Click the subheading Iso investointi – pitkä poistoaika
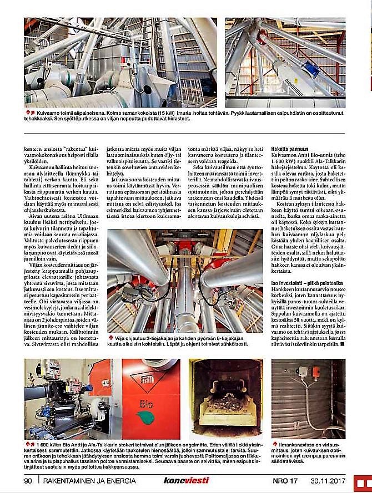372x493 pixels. tap(306, 282)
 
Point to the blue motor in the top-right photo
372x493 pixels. tap(311, 70)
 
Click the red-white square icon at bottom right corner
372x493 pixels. tap(361, 481)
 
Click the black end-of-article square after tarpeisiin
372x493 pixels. tap(343, 343)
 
